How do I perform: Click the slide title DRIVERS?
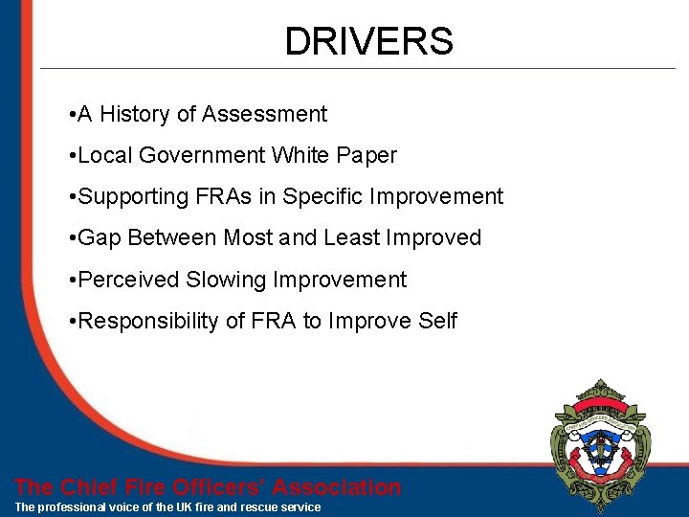368,41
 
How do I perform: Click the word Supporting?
135,197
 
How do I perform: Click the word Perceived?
129,280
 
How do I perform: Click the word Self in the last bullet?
437,321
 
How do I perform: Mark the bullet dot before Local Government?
73,156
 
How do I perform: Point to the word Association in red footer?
337,487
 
